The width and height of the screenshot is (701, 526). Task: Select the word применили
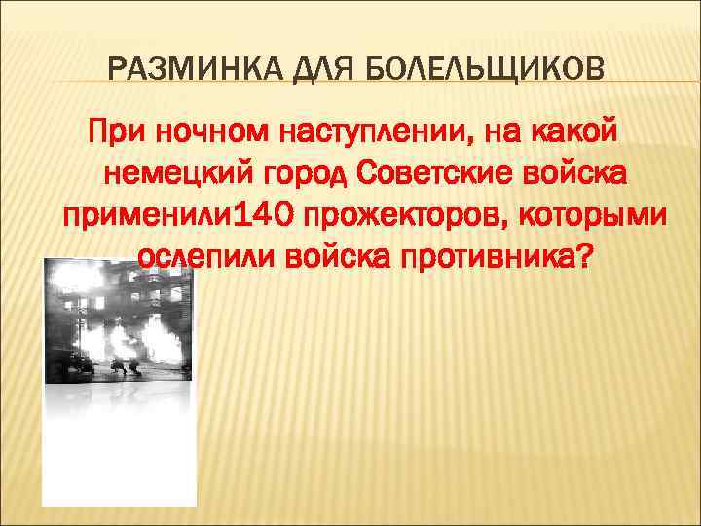(x=145, y=216)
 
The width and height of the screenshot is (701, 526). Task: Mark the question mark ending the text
(x=583, y=257)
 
